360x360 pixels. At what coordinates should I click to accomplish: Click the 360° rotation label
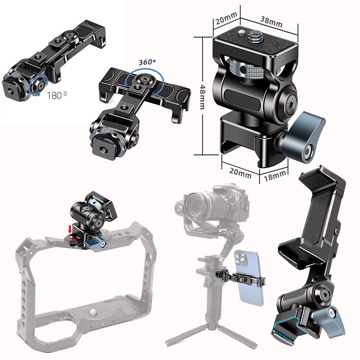pyautogui.click(x=147, y=62)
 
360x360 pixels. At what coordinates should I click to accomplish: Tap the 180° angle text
pyautogui.click(x=57, y=95)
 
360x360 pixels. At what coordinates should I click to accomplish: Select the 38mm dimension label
pyautogui.click(x=271, y=22)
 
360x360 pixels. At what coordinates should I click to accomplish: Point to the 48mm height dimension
pyautogui.click(x=202, y=97)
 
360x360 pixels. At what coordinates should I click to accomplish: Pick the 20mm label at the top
pyautogui.click(x=226, y=18)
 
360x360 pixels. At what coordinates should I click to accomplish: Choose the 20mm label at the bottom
pyautogui.click(x=240, y=173)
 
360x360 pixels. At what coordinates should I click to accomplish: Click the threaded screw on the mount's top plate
pyautogui.click(x=253, y=37)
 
